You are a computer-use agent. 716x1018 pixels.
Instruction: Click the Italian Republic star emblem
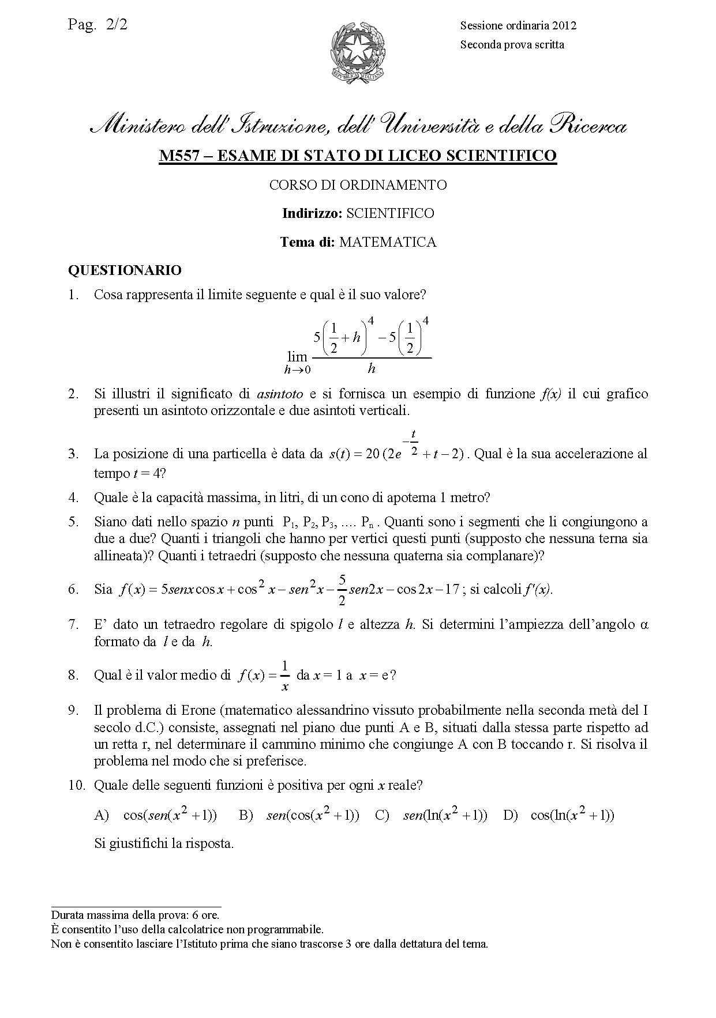(x=358, y=51)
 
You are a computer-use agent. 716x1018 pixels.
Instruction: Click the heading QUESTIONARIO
(x=125, y=270)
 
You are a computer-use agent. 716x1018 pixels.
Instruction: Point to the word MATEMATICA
(x=388, y=242)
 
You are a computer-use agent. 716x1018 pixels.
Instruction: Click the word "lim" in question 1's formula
(x=297, y=356)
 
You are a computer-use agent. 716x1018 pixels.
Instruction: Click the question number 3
(x=73, y=454)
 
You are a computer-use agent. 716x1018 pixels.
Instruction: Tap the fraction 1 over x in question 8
(x=284, y=675)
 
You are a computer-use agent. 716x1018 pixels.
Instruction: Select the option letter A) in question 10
(x=102, y=815)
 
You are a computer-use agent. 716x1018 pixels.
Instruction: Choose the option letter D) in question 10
(x=510, y=815)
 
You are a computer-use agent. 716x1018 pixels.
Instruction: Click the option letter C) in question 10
(x=382, y=815)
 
